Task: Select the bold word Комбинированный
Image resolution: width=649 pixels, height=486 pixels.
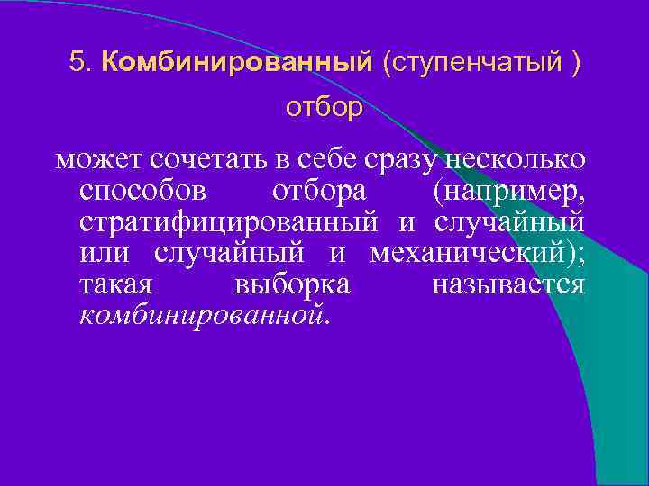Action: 237,62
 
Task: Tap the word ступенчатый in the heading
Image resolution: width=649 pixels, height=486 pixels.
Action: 470,63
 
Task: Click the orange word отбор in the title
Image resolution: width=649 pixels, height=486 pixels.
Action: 324,109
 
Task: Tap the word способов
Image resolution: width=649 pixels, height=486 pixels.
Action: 142,192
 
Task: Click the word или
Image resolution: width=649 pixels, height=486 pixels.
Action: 106,253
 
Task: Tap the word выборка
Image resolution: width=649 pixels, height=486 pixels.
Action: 291,285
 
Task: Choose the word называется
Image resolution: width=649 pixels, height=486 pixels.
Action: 508,285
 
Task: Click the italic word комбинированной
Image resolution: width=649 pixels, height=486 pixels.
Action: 205,316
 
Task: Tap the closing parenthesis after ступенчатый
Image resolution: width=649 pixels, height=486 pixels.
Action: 574,63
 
